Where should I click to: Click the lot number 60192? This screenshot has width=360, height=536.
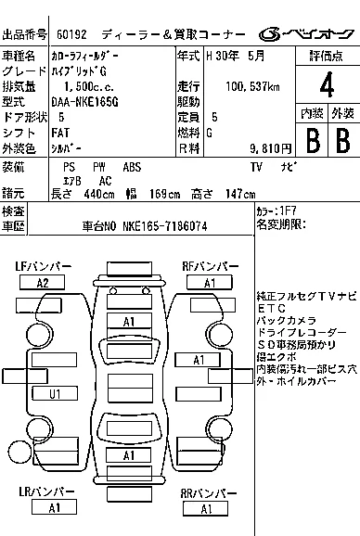(71, 34)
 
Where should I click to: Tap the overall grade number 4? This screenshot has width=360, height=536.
(327, 84)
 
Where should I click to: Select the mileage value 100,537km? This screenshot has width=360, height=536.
(252, 86)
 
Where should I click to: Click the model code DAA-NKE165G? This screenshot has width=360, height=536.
(85, 102)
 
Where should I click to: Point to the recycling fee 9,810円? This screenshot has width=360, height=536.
(270, 148)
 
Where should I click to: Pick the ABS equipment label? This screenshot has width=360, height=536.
(132, 167)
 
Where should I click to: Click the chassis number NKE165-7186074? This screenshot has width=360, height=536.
(165, 226)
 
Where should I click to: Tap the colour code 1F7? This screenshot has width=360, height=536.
(289, 211)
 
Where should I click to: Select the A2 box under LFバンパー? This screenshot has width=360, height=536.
(43, 283)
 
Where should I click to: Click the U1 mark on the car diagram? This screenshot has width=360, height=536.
(55, 394)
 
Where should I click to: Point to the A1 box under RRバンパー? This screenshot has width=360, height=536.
(205, 509)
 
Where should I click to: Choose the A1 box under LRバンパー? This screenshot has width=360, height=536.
(54, 507)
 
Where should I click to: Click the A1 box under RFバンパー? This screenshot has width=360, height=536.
(210, 283)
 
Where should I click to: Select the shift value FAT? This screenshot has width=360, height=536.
(60, 133)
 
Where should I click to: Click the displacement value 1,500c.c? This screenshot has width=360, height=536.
(89, 86)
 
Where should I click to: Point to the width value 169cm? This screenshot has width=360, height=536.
(164, 194)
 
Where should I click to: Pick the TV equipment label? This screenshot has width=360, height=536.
(256, 167)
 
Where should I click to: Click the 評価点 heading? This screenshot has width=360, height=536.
(327, 56)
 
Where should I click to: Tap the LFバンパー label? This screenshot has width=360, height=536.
(44, 266)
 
